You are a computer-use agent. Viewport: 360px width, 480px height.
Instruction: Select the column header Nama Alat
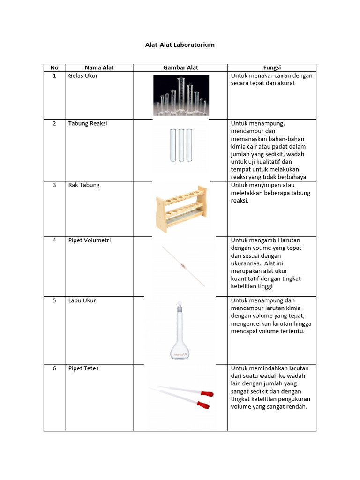(x=99, y=67)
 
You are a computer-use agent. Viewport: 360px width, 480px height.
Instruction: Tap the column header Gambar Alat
(x=180, y=67)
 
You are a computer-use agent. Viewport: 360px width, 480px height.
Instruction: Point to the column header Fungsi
(x=272, y=67)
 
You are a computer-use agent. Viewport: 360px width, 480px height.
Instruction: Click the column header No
(x=54, y=67)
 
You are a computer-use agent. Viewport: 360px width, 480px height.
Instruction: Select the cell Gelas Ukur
(x=83, y=75)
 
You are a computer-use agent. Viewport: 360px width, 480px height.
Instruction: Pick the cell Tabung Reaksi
(x=88, y=123)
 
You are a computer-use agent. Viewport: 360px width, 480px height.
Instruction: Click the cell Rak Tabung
(x=84, y=185)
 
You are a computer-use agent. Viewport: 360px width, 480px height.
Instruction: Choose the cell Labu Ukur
(x=82, y=300)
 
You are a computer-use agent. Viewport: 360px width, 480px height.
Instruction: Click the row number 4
(x=54, y=240)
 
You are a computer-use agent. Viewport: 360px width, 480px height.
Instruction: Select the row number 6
(x=54, y=368)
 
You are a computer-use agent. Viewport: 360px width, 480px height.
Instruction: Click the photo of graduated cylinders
(x=181, y=95)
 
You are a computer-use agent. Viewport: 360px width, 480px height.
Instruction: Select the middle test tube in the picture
(x=181, y=145)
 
